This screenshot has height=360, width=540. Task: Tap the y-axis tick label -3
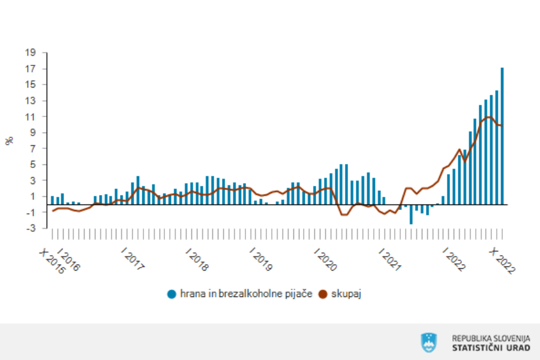tap(34, 228)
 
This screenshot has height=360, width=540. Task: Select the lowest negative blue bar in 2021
tap(411, 214)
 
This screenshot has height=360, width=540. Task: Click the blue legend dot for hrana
tap(172, 294)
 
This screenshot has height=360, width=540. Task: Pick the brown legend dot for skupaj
tap(322, 294)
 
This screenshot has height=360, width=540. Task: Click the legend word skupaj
tap(347, 294)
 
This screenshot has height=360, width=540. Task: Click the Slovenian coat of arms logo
tap(428, 342)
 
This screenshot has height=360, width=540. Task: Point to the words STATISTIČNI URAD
tap(491, 347)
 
